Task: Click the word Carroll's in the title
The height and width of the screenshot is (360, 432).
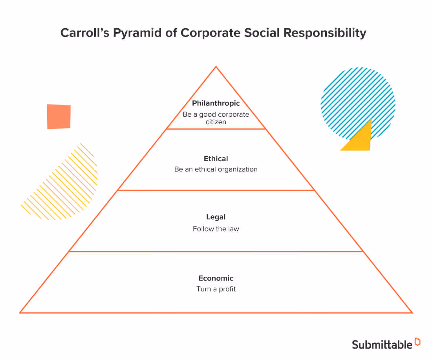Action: coord(84,33)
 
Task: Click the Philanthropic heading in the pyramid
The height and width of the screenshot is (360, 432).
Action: coord(216,103)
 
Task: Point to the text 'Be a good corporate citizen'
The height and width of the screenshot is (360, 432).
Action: coord(216,118)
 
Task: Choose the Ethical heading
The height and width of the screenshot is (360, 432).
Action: coord(216,159)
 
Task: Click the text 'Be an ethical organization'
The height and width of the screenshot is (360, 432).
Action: coord(216,170)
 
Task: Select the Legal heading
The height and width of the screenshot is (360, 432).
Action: coord(216,217)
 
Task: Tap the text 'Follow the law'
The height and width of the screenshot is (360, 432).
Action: coord(216,229)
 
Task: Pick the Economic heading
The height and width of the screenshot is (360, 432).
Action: coord(216,278)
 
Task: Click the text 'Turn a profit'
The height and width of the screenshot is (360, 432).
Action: coord(216,289)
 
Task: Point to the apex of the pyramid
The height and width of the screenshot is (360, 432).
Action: coord(216,67)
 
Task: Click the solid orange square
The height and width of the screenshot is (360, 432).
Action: coord(59,116)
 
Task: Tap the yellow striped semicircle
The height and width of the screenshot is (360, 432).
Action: coord(67,185)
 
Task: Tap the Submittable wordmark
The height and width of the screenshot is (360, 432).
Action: coord(382,344)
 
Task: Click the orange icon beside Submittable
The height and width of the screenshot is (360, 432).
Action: coord(417,342)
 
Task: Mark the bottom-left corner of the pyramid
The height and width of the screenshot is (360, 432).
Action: coord(20,312)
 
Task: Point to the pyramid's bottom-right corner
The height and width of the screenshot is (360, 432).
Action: coord(412,312)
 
